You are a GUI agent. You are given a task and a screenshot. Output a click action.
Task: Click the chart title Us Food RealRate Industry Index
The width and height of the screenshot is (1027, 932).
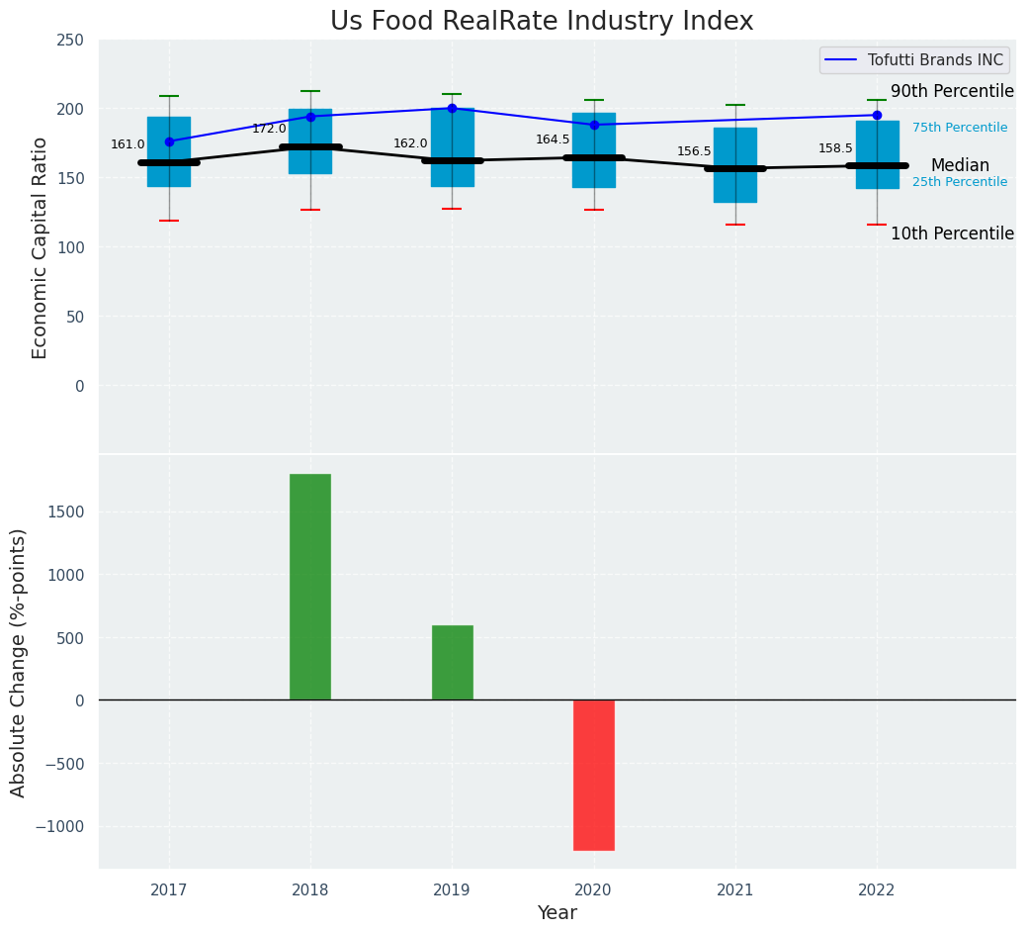(x=542, y=22)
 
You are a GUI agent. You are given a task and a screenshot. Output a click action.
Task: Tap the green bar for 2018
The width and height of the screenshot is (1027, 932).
(x=310, y=587)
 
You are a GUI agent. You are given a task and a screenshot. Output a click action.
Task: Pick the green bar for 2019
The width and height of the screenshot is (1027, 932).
(x=452, y=662)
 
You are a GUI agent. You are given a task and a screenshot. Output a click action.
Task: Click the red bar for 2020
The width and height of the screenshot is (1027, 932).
(x=594, y=775)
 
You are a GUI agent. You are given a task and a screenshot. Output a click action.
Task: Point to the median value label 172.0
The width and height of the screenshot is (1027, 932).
(x=269, y=129)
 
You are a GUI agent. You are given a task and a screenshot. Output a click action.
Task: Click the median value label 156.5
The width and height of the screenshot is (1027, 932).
(x=694, y=151)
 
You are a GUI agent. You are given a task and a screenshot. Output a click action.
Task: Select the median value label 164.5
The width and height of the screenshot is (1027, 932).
(x=553, y=140)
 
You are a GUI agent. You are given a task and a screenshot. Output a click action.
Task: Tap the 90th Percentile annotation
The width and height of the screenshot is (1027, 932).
(x=952, y=91)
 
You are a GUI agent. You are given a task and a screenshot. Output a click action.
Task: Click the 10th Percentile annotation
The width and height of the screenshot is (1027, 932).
(x=952, y=233)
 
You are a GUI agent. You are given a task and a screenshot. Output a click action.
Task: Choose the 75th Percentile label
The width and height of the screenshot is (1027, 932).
(x=960, y=128)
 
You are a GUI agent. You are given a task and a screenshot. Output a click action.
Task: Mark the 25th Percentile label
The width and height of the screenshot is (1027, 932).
(x=960, y=182)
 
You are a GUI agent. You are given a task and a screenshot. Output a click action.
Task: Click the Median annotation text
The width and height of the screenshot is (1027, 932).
(x=960, y=165)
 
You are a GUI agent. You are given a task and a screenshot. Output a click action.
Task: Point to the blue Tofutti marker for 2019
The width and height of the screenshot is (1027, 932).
(x=452, y=108)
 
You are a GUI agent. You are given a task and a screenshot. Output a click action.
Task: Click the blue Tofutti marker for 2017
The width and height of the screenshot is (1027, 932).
(x=169, y=141)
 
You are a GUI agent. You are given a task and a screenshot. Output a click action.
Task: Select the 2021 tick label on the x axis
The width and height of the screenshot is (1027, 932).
(x=735, y=890)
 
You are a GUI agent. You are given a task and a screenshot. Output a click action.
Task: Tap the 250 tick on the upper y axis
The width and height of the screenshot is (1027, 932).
(x=70, y=40)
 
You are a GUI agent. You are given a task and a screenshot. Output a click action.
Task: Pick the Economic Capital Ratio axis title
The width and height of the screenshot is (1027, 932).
(x=41, y=247)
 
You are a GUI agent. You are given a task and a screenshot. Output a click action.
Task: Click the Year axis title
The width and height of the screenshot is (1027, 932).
(x=557, y=913)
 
